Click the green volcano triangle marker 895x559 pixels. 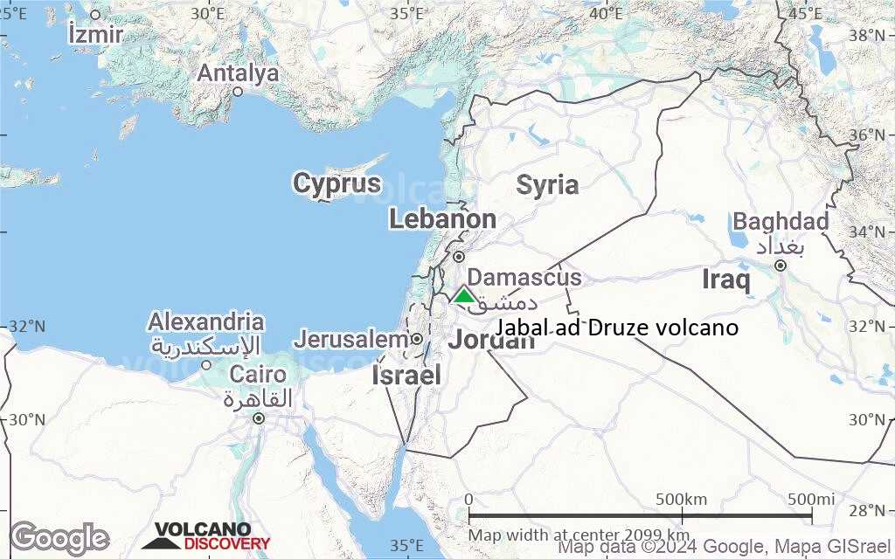point(464,295)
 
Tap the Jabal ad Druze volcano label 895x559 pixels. point(617,328)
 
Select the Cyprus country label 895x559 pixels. point(336,184)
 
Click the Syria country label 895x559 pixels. point(547,185)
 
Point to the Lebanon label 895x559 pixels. point(442,219)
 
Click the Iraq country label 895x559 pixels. point(726,280)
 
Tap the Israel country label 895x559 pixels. point(406,376)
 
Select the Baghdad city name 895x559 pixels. point(781,222)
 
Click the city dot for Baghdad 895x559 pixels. point(780,265)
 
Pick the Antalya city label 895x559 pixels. point(238,73)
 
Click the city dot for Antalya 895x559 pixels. point(237,91)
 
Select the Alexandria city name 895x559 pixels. point(206,321)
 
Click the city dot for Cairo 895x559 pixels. point(259,418)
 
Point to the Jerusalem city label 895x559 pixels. point(350,339)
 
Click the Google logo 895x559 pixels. point(59,538)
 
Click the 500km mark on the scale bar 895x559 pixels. point(681,500)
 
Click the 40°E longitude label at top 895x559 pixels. point(606,13)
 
